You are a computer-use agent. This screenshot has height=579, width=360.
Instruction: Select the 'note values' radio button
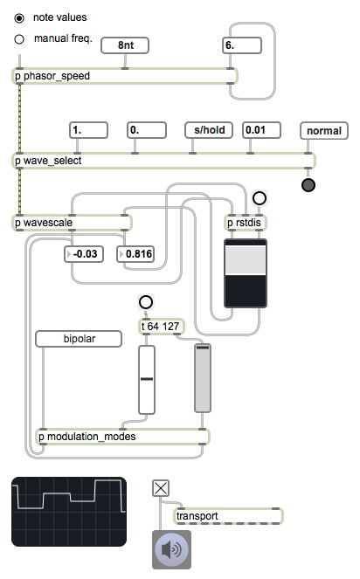click(x=19, y=18)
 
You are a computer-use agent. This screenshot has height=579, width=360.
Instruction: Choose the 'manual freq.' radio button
click(x=19, y=39)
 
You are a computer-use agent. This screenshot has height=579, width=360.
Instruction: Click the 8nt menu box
click(x=125, y=45)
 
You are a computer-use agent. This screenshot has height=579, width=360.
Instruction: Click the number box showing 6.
click(x=242, y=45)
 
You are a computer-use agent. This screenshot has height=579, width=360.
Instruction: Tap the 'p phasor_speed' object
click(x=125, y=76)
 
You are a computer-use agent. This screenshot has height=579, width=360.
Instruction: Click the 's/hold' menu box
click(x=209, y=130)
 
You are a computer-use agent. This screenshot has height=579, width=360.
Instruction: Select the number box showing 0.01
click(x=261, y=130)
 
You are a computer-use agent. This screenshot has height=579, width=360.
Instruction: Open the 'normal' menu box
click(x=324, y=131)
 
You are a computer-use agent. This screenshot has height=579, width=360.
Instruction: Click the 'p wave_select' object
click(x=163, y=161)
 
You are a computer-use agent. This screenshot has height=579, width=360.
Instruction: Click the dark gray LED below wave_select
click(x=308, y=185)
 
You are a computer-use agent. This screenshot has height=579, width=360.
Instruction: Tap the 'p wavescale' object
click(x=72, y=223)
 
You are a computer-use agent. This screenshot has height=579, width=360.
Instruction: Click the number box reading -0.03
click(x=84, y=254)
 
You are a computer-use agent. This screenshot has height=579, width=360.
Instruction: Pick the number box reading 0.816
click(x=135, y=254)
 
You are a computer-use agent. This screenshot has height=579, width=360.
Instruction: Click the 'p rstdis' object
click(x=245, y=223)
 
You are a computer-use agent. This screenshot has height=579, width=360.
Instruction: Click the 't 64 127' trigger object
click(x=162, y=327)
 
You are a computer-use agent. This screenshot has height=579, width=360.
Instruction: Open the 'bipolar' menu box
click(x=79, y=339)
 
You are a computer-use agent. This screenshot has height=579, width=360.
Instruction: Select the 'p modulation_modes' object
click(x=122, y=437)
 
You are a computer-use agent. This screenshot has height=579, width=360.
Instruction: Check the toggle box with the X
click(x=161, y=488)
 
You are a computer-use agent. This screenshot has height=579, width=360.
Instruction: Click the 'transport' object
click(x=228, y=516)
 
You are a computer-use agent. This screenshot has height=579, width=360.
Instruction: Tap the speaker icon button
click(x=172, y=549)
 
